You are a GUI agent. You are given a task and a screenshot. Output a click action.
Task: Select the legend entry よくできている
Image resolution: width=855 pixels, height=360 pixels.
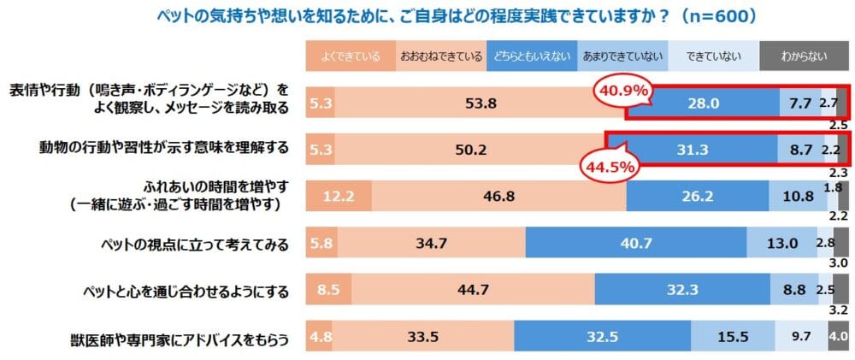point(349,57)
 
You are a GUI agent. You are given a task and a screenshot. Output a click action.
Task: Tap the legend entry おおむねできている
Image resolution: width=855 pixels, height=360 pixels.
point(440,57)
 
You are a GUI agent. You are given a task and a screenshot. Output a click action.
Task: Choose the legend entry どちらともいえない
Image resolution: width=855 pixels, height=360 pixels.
point(530,57)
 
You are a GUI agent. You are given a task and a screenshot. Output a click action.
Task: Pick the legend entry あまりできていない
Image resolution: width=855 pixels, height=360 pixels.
point(622,57)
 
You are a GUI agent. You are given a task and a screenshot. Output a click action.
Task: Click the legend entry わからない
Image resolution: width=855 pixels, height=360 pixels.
point(804,57)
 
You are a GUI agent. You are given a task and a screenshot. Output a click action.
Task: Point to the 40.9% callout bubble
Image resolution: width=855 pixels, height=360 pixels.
point(622,89)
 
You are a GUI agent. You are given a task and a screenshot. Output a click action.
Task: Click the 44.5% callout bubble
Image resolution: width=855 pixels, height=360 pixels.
point(610,165)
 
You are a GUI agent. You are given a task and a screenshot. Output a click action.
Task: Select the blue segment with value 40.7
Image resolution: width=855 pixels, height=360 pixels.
point(635,244)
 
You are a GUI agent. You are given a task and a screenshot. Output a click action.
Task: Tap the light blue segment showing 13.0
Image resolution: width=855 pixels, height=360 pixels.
point(781,244)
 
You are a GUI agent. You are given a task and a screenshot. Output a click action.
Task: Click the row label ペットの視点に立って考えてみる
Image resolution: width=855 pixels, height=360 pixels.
point(192,245)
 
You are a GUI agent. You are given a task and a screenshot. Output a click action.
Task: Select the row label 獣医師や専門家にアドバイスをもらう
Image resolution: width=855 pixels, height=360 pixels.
point(178,338)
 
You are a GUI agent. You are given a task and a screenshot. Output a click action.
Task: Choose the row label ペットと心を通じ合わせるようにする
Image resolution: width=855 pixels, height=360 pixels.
point(180,291)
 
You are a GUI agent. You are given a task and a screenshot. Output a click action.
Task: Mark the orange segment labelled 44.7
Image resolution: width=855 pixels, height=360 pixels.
point(473,291)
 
